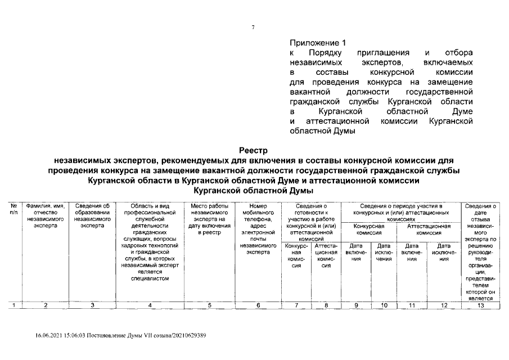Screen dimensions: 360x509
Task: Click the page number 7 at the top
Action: tap(253, 28)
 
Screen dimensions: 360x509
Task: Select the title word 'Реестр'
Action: tap(253, 151)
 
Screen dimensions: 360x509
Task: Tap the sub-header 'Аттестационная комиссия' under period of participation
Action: tap(429, 228)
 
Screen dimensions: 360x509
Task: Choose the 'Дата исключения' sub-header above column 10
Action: tap(384, 252)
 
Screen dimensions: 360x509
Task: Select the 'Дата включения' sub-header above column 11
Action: tap(412, 252)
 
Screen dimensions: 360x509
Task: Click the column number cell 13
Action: tap(480, 305)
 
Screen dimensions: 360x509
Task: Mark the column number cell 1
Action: tap(13, 305)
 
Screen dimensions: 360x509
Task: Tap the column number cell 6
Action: tap(258, 305)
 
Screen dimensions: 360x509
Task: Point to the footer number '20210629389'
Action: tap(188, 336)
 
